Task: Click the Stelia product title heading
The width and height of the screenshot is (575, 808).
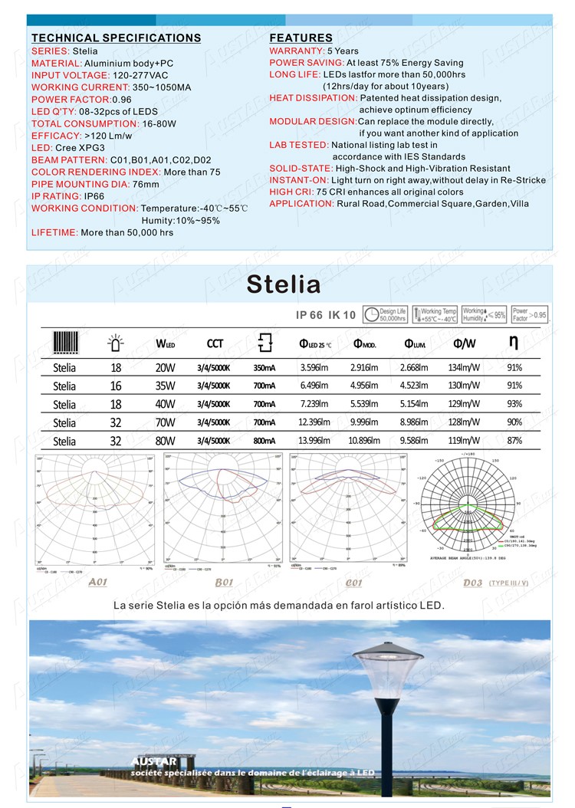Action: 284,284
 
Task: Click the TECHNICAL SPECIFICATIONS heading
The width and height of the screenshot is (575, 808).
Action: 116,38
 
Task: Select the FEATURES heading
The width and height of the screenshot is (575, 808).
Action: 301,38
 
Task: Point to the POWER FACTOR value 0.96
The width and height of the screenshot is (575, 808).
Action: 122,100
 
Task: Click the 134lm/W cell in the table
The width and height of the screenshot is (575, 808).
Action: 464,367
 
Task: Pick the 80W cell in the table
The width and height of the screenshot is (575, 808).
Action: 165,441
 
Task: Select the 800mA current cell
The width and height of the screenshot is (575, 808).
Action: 264,441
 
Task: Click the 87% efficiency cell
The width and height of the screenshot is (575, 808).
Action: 514,441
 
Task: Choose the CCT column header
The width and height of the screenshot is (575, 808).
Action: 215,343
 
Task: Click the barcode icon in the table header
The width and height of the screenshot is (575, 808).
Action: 64,342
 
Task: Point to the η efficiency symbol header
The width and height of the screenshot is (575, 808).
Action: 514,341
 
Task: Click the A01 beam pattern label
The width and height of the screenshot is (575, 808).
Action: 97,582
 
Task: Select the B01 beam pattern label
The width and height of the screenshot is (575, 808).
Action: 224,583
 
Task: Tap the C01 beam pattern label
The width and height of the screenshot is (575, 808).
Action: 353,583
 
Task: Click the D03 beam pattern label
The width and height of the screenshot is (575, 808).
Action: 473,583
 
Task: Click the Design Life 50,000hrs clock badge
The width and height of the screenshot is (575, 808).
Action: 384,315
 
